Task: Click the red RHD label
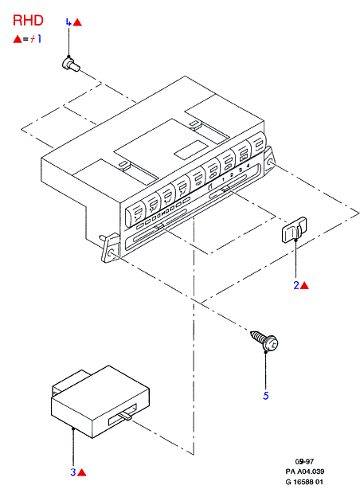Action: point(28,21)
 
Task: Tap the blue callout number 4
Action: point(68,22)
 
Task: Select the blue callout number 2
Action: point(296,285)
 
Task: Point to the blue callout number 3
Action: point(73,472)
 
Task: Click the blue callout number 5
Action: point(266,396)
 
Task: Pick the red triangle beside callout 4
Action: point(77,22)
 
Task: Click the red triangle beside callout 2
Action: point(304,285)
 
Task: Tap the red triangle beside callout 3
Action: point(81,472)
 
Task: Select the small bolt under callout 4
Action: point(71,64)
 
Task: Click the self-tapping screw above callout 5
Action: point(264,340)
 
